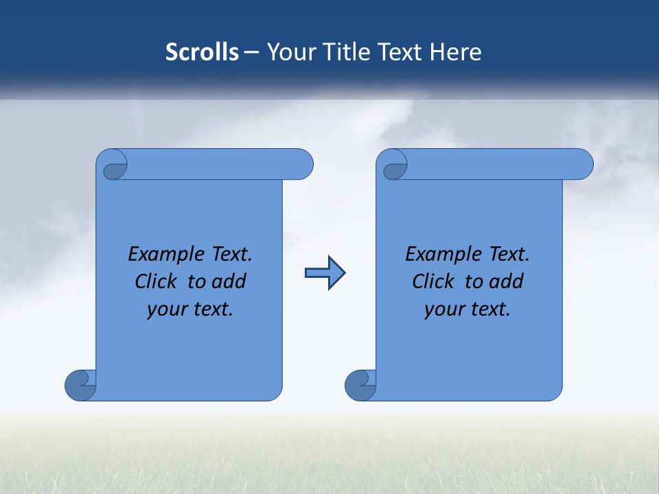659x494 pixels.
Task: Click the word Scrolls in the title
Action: pos(202,52)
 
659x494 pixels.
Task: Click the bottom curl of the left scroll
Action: pos(80,385)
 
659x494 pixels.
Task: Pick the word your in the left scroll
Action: pos(165,309)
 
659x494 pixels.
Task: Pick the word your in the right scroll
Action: pos(443,309)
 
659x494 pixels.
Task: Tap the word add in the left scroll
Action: pos(230,281)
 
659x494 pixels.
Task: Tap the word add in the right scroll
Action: pos(507,281)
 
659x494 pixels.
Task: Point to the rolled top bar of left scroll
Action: pos(220,165)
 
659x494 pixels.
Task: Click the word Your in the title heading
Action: pos(291,52)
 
